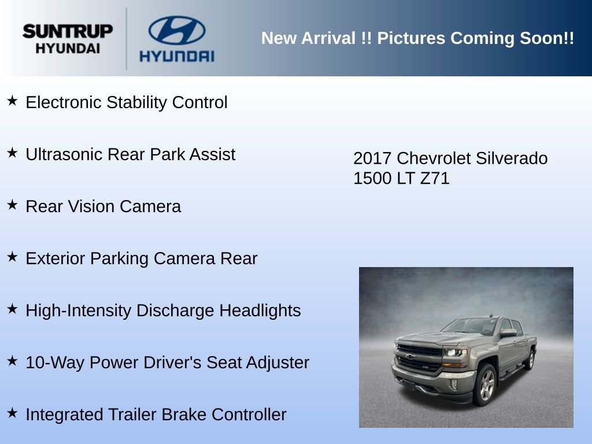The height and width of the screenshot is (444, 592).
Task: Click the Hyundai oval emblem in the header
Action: pos(176,31)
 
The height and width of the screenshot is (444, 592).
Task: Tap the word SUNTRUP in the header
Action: pos(68,31)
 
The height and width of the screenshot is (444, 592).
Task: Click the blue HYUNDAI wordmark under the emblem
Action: pos(176,56)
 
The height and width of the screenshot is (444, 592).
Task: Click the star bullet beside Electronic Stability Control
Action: pos(12,101)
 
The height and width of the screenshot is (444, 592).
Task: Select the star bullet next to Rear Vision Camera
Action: pos(12,205)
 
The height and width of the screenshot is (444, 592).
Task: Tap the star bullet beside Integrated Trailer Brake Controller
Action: pos(12,413)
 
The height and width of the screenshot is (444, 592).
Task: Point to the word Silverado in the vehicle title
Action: pos(515,158)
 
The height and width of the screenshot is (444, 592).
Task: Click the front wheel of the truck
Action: pos(485,385)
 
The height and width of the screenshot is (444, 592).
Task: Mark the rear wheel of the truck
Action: pos(529,359)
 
